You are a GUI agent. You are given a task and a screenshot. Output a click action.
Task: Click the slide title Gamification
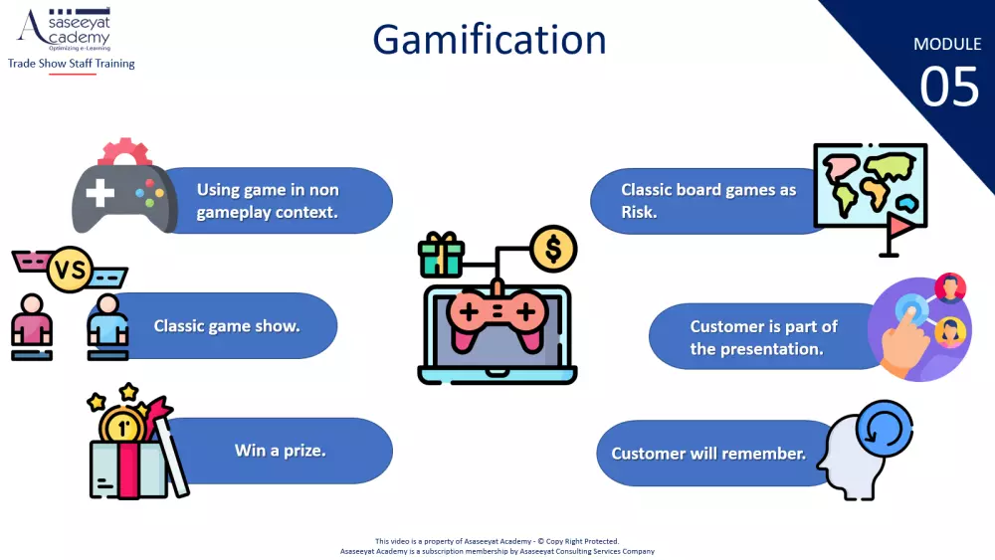click(490, 41)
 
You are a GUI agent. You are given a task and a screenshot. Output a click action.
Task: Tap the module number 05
click(949, 87)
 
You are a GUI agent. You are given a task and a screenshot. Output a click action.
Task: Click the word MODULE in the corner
click(947, 44)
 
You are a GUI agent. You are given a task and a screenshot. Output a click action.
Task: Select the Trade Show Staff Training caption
click(71, 64)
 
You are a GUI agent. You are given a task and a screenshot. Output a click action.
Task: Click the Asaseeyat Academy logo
click(65, 29)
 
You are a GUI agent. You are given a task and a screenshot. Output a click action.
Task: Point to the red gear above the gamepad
click(124, 152)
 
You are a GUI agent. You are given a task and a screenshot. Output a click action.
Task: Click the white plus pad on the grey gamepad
click(99, 193)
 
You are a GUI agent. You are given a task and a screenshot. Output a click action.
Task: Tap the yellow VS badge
click(70, 270)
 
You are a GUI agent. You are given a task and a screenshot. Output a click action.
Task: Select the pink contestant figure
click(32, 326)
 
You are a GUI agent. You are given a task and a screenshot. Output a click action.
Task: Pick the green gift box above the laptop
click(441, 255)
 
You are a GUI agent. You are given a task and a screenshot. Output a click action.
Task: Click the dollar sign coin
click(553, 249)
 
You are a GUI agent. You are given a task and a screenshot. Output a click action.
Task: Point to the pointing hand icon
click(906, 340)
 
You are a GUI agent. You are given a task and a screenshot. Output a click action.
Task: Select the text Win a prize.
click(280, 451)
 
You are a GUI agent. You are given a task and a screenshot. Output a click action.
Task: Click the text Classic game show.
click(227, 326)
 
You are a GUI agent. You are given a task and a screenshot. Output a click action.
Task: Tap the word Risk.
click(639, 212)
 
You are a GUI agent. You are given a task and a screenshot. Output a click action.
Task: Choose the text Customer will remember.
click(708, 454)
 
